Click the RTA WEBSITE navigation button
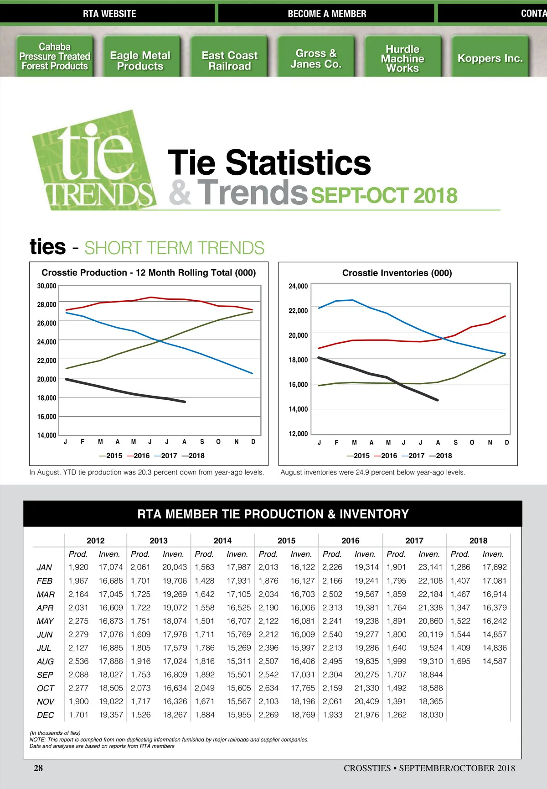tap(109, 14)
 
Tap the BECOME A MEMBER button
tap(327, 14)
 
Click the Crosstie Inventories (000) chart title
tap(397, 273)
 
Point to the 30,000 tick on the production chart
tap(46, 286)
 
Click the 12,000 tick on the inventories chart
tap(298, 434)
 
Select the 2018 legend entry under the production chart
tap(193, 455)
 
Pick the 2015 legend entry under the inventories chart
tap(358, 455)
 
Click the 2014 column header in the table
tap(222, 541)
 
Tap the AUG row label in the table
tap(45, 661)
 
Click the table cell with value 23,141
tap(430, 567)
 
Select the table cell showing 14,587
tap(495, 661)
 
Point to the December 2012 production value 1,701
tap(78, 715)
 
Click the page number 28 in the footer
tap(38, 768)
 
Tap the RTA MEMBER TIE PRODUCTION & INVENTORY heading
tap(273, 514)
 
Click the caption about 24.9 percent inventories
tap(372, 472)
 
